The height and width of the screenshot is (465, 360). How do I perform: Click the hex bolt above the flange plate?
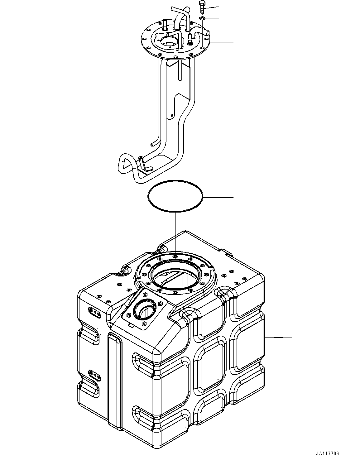tap(201, 7)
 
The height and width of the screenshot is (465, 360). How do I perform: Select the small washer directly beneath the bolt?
tap(202, 19)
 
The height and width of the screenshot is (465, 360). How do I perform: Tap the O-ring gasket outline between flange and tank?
tap(175, 181)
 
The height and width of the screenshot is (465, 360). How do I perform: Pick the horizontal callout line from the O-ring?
tap(218, 198)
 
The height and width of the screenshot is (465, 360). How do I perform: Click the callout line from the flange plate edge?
tap(221, 42)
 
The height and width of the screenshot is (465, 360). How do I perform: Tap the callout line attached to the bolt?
tap(212, 7)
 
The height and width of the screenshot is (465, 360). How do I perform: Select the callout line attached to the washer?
tap(212, 18)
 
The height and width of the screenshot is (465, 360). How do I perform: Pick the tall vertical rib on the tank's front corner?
tap(114, 380)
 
